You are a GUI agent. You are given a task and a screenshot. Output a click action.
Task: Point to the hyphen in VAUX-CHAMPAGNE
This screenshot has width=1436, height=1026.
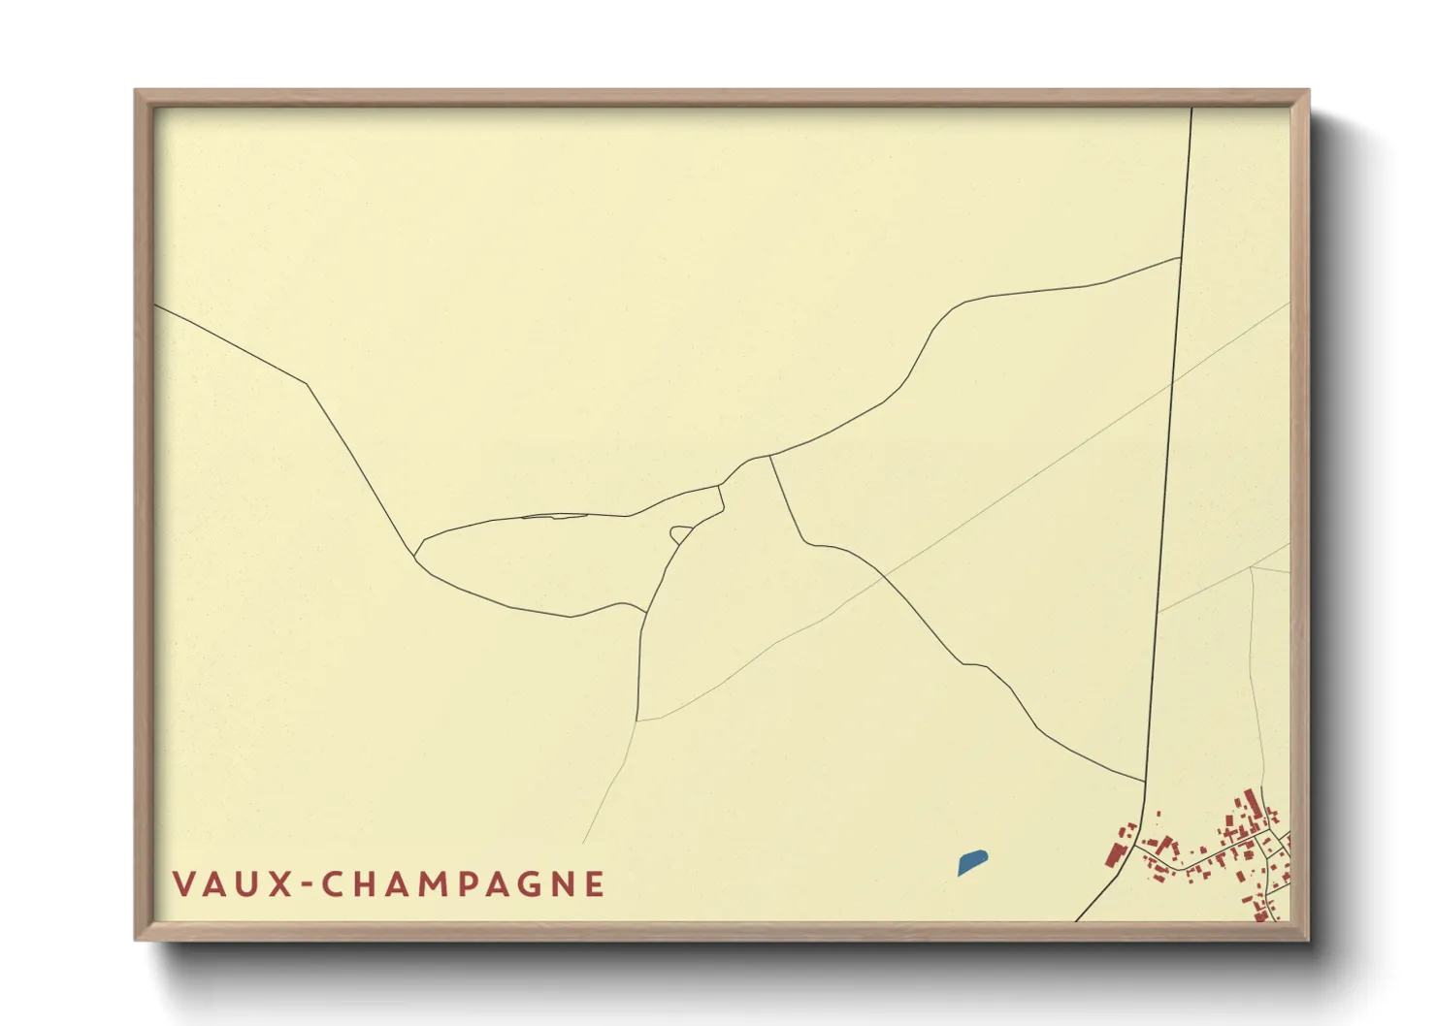[307, 885]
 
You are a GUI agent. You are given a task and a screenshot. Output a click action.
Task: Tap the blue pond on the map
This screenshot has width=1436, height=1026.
[971, 862]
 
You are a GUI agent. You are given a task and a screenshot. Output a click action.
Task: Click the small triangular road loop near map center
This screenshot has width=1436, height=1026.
[680, 533]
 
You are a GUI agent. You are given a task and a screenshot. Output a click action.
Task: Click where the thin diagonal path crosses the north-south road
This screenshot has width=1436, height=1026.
[1172, 381]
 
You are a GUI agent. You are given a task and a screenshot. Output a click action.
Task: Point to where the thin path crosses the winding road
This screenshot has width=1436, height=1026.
[884, 577]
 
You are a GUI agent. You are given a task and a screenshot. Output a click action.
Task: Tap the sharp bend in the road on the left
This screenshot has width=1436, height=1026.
[309, 384]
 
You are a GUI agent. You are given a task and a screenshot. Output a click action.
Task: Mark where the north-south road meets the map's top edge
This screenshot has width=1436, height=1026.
[1191, 108]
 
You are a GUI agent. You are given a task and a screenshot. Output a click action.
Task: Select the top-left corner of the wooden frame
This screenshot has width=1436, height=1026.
[136, 91]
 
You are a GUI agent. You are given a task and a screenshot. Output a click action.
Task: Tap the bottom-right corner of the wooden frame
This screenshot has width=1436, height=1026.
[1309, 940]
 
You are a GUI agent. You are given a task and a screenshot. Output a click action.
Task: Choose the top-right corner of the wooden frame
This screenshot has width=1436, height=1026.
[1309, 91]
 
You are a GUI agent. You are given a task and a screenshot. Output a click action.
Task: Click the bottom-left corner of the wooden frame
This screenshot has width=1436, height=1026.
[136, 940]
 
